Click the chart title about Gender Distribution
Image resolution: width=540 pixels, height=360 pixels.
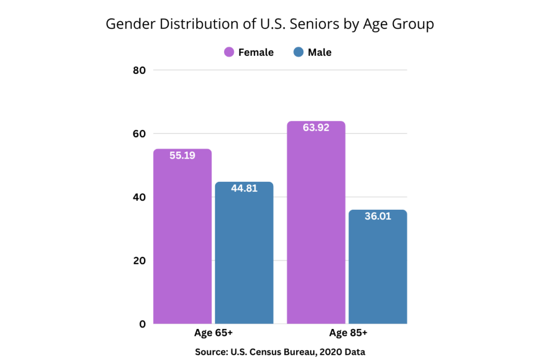(x=269, y=24)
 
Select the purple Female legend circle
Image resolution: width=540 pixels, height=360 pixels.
(x=229, y=52)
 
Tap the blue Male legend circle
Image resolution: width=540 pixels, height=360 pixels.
(x=299, y=52)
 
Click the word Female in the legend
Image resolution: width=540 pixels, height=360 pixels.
(x=256, y=52)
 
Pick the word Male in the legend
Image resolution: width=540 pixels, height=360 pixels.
(x=320, y=52)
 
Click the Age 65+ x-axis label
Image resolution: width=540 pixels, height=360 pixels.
(x=214, y=334)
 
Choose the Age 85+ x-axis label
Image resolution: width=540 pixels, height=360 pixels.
(x=348, y=334)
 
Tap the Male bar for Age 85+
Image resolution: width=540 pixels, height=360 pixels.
(x=378, y=269)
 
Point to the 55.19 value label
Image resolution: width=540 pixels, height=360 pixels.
(x=182, y=156)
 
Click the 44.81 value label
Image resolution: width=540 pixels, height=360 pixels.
(x=244, y=189)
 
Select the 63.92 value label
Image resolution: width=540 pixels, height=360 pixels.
(x=316, y=128)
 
